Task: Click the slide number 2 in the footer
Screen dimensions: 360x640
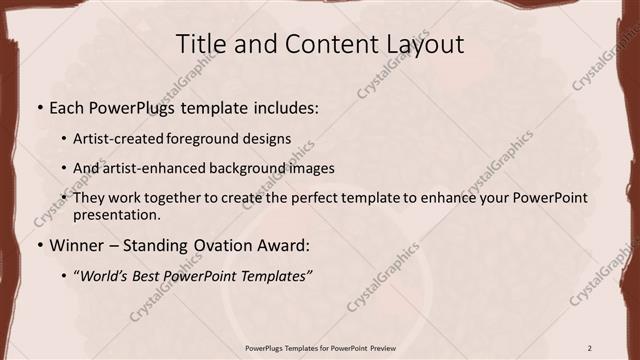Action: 589,348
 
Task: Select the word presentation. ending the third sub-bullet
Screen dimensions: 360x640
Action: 117,214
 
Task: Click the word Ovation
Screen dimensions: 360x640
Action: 208,244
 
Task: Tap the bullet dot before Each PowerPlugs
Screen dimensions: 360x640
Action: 39,107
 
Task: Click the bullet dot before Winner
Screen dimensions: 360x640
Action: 39,244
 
